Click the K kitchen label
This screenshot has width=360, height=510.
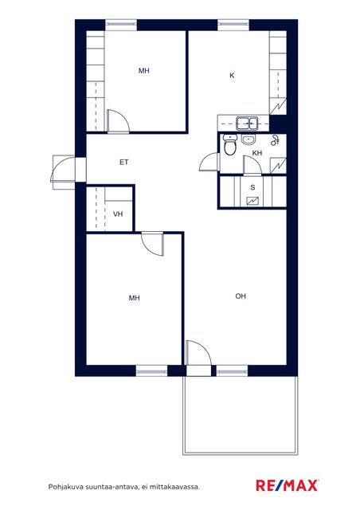pos(232,76)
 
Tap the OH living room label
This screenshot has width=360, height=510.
pos(241,296)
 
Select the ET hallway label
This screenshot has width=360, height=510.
pos(124,162)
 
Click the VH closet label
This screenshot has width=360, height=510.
pos(118,214)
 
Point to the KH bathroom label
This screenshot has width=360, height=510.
pos(257,153)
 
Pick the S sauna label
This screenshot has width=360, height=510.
pos(252,187)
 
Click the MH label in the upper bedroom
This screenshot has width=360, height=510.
pos(143,71)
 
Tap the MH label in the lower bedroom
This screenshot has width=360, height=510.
pos(135,297)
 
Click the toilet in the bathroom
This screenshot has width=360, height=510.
pos(230,145)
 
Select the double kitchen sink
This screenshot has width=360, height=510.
pos(247,124)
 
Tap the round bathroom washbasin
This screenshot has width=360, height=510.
pos(248,139)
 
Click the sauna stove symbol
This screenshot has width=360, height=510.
pos(252,202)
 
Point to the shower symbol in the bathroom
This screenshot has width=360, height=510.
pos(276,139)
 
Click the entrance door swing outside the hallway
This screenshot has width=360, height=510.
pos(63,169)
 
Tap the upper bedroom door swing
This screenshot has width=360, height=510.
pos(119,121)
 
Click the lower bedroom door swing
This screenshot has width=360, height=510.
pos(152,245)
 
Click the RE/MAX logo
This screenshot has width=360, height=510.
pos(288,485)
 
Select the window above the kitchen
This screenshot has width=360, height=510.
pos(233,25)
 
